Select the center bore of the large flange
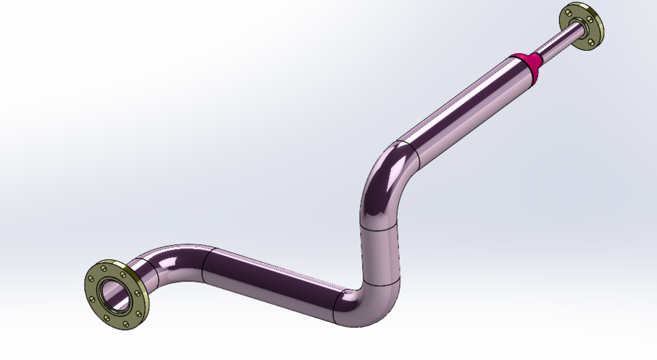tap(114, 293)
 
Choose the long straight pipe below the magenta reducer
tap(465, 103)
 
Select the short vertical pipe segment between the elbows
tap(378, 253)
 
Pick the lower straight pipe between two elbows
tap(274, 281)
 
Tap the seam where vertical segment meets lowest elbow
tap(380, 282)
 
